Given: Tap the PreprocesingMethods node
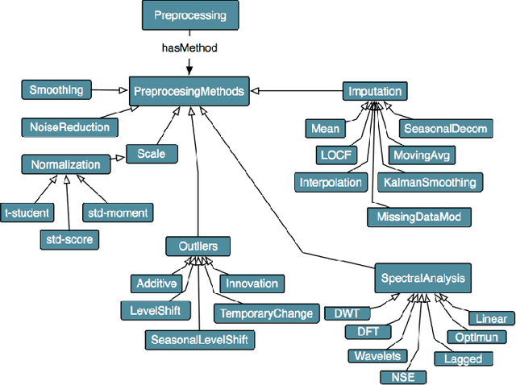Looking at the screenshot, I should click(189, 91).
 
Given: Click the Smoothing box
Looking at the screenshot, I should click(56, 90).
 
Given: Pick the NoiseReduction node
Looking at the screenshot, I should click(69, 127).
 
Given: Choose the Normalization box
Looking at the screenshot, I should click(65, 165).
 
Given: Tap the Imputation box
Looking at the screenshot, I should click(373, 91).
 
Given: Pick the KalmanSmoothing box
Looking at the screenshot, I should click(429, 182).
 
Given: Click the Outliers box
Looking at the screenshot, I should click(198, 246).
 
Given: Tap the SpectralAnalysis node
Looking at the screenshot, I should click(421, 279).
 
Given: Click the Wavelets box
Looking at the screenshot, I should click(376, 355).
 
